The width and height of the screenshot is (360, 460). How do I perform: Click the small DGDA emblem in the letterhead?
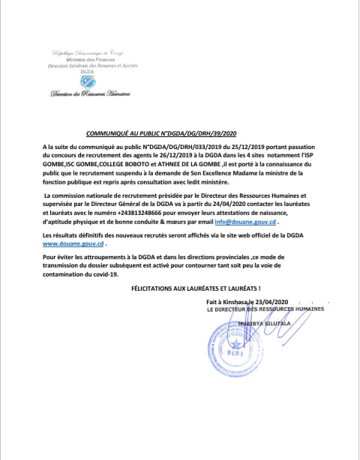coord(88,82)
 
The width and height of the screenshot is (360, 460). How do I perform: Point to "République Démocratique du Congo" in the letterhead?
coord(88,53)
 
